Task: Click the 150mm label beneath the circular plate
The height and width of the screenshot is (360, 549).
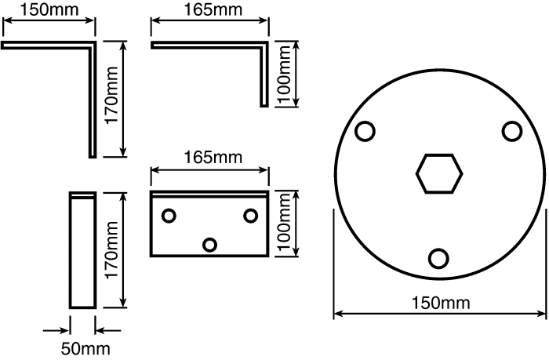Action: coord(441,303)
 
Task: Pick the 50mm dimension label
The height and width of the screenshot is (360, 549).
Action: coord(85,349)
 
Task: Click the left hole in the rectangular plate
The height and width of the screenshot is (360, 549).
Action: coord(169,216)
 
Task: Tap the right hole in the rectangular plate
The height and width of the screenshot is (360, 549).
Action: coord(251,216)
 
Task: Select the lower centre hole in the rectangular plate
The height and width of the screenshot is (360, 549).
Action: coord(209,245)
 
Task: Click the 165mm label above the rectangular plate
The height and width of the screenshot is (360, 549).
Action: coord(213,157)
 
